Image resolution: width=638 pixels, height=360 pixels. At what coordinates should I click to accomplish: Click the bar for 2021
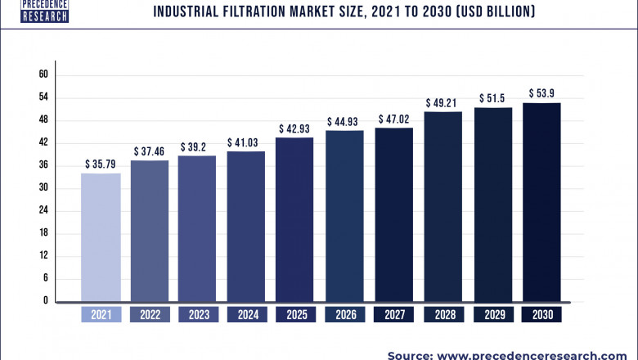[x=101, y=237]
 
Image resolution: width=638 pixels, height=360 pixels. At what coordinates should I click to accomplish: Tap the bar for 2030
[x=541, y=202]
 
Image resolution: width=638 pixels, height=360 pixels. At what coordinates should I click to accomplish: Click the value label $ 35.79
[x=101, y=164]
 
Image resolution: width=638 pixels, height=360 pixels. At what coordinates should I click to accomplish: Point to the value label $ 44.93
[x=344, y=122]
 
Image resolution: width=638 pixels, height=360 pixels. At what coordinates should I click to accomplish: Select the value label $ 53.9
[x=541, y=92]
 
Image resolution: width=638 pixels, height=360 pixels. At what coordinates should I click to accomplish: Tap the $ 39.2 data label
[x=197, y=146]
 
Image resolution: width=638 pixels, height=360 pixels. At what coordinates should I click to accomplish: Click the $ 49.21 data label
[x=443, y=103]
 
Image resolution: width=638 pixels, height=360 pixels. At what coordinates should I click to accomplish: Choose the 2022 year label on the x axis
[x=149, y=314]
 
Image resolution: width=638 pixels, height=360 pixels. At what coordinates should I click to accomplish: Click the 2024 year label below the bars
[x=246, y=314]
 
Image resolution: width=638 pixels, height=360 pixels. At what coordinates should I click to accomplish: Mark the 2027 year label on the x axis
[x=393, y=314]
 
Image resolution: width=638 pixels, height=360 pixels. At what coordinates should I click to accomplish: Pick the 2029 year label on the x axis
[x=492, y=314]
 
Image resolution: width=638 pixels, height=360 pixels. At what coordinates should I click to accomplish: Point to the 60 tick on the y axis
[x=43, y=74]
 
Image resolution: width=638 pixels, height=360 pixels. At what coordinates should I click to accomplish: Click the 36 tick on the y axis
[x=43, y=165]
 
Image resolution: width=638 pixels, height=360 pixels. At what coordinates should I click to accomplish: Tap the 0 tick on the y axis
[x=46, y=301]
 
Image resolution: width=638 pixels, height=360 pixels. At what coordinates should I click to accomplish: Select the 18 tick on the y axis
[x=43, y=233]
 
